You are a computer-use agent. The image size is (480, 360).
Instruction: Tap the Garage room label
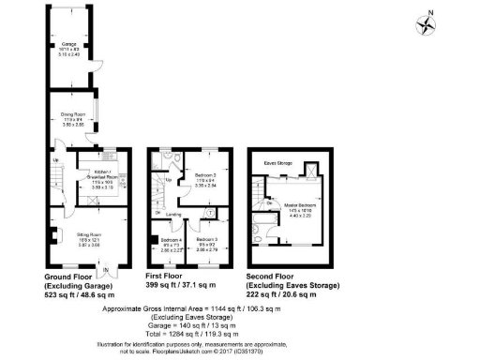[x=69, y=44]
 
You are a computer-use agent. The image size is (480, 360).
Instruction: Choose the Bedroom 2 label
[x=205, y=175]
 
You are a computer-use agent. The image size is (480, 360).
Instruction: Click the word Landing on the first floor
[x=173, y=215]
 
